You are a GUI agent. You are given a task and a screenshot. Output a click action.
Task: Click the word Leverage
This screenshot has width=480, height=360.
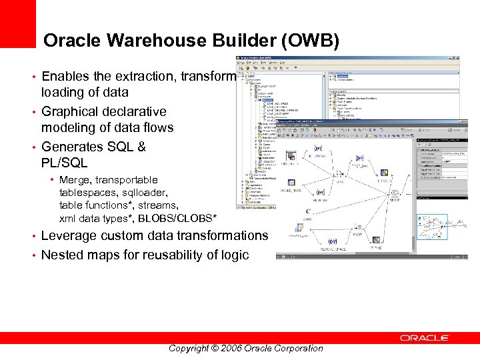pyautogui.click(x=73, y=235)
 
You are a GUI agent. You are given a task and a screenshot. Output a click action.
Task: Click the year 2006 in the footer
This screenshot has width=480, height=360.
pyautogui.click(x=229, y=348)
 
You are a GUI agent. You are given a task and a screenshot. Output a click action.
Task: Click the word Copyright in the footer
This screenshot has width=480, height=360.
pyautogui.click(x=189, y=348)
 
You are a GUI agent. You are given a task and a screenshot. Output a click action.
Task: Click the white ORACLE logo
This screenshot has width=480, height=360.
pyautogui.click(x=424, y=338)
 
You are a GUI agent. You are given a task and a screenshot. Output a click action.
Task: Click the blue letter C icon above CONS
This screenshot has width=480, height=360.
pyautogui.click(x=308, y=211)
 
